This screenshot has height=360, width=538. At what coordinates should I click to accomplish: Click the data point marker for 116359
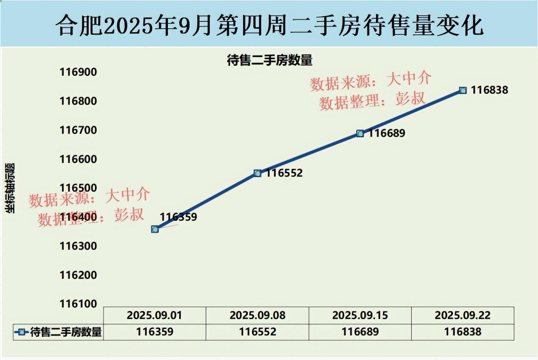[x=155, y=229]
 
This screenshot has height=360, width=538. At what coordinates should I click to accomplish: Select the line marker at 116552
[x=257, y=173]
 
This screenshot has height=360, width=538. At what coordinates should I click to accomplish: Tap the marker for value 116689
[x=360, y=134]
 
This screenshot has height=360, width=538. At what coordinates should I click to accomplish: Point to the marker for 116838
[x=463, y=90]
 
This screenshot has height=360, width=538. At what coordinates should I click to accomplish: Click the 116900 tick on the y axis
[x=78, y=72]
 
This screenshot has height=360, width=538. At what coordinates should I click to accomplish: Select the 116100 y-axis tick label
[x=78, y=304]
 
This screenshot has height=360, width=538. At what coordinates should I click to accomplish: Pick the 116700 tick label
[x=78, y=130]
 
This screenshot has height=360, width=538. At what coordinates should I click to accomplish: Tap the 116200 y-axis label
[x=78, y=275]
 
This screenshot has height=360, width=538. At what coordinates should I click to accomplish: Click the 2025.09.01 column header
[x=155, y=315]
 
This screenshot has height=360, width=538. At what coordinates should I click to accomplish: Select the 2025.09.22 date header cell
[x=462, y=315]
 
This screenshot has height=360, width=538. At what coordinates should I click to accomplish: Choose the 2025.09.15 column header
[x=360, y=315]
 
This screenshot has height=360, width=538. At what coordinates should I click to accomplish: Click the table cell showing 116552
[x=257, y=332]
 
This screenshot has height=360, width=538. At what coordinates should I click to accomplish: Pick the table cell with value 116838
[x=462, y=332]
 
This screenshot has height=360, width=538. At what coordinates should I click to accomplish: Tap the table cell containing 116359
[x=155, y=332]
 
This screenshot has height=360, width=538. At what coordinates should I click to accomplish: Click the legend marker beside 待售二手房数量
[x=21, y=332]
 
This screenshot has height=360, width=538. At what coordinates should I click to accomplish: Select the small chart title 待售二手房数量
[x=269, y=60]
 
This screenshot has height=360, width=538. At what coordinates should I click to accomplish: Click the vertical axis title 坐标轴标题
[x=10, y=188]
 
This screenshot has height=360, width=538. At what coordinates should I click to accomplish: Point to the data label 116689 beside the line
[x=387, y=133]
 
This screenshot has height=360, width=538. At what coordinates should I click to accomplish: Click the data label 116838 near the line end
[x=489, y=90]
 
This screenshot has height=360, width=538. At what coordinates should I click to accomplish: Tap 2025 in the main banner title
[x=128, y=26]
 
